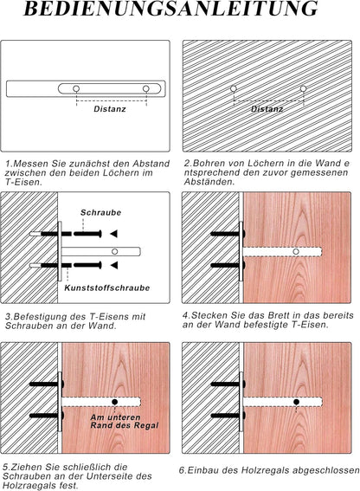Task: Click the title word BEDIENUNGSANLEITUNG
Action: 170,9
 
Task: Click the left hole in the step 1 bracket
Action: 76,89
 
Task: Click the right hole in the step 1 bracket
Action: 146,89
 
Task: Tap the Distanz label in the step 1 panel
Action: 110,109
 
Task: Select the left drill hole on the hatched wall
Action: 233,88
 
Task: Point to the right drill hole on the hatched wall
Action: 303,88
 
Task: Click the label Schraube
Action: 100,213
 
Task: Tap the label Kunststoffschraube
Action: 107,288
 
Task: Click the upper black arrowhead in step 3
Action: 113,234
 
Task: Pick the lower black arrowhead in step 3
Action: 113,266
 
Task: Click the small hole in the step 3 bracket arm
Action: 115,251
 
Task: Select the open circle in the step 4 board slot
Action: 296,251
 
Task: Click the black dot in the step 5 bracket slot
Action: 115,402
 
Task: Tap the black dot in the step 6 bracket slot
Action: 296,402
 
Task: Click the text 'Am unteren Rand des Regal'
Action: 125,422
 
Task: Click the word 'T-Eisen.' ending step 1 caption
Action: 23,182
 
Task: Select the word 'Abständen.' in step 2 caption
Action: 209,182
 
